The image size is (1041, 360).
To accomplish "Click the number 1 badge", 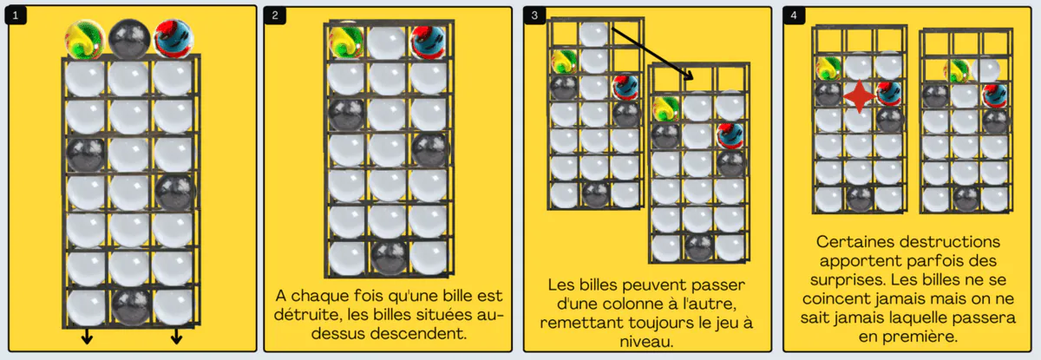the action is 16,16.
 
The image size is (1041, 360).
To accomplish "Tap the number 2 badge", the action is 275,16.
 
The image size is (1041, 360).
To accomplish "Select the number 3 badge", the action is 534,16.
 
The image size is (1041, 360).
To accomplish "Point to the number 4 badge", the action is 794,16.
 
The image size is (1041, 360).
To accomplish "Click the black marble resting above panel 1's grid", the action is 129,39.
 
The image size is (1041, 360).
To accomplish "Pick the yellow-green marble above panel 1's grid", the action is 85,40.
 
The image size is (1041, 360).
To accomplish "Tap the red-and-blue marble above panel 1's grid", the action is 173,38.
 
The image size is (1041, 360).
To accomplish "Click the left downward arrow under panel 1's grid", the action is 87,337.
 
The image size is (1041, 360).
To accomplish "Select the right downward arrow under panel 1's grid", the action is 176,337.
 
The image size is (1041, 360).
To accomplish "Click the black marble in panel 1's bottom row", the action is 131,306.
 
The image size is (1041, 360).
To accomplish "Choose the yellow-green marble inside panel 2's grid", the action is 346,42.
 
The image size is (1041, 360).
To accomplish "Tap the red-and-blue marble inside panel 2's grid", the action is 428,43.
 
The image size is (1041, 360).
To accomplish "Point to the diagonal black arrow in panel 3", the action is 652,53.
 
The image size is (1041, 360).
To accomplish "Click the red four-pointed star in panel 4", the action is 860,96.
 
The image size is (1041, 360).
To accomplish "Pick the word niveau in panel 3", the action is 646,342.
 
